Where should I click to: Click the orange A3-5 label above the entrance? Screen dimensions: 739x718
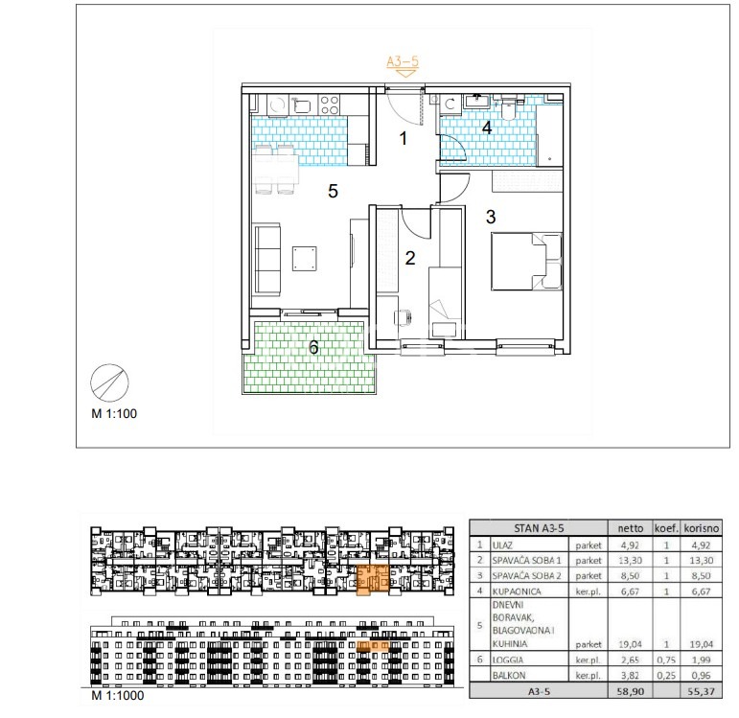click(403, 61)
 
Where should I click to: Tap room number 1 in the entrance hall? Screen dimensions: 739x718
click(403, 138)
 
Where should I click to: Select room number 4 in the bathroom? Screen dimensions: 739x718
click(487, 127)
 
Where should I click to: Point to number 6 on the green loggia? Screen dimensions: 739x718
click(313, 347)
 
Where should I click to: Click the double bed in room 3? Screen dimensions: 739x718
click(526, 261)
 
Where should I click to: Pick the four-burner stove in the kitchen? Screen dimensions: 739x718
click(329, 104)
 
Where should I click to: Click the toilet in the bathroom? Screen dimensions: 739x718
click(509, 109)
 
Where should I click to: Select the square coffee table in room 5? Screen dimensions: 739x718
click(305, 259)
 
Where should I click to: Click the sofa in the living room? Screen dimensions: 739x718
click(267, 260)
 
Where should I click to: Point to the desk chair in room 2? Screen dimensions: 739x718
click(402, 317)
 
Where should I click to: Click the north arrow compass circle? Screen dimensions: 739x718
click(109, 382)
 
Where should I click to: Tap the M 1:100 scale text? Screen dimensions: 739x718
click(114, 413)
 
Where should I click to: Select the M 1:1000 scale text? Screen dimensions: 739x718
click(118, 695)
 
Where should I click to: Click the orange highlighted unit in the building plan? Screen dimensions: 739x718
click(372, 579)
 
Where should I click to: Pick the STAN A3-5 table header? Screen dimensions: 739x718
click(539, 528)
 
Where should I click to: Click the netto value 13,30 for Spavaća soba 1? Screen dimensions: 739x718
click(630, 561)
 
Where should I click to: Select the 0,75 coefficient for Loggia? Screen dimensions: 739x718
click(666, 660)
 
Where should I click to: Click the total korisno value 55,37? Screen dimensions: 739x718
click(701, 691)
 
